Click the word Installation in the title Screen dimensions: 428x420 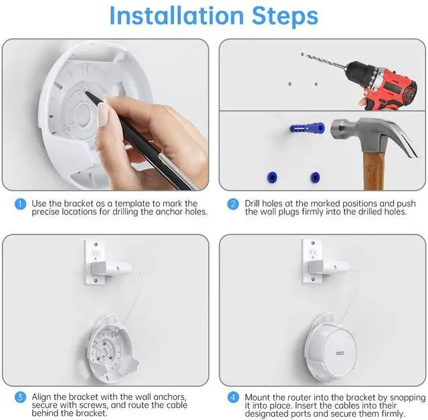click(177, 15)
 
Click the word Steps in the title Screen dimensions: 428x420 click(285, 16)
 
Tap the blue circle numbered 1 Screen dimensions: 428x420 click(20, 204)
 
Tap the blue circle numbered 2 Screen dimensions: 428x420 click(233, 204)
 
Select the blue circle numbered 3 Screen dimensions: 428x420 click(20, 397)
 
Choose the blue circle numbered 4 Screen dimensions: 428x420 click(233, 397)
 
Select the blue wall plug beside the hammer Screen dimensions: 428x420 click(308, 128)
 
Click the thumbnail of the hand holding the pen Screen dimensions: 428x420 click(106, 114)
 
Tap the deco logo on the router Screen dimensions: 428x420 click(340, 353)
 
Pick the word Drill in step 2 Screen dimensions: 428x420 click(253, 203)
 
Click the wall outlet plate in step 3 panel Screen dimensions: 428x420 click(95, 262)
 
